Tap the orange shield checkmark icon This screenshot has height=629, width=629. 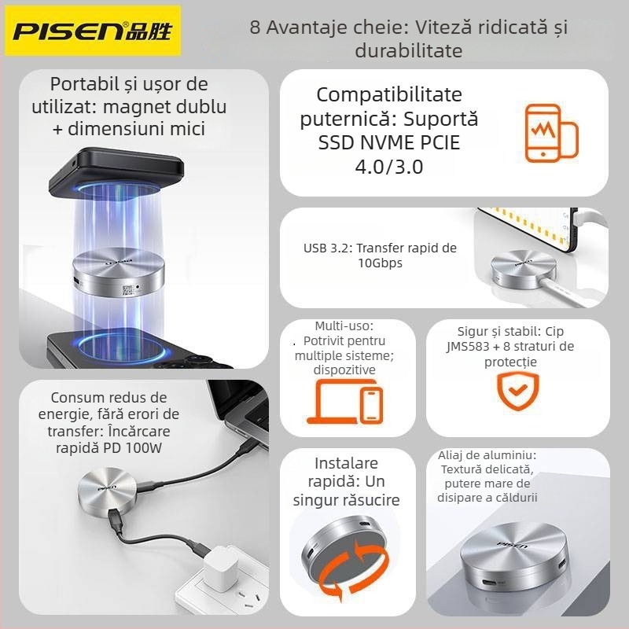tap(518, 392)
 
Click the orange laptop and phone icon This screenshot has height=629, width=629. tap(348, 402)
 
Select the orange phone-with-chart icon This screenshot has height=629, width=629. tap(550, 133)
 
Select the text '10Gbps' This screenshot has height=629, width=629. tap(380, 263)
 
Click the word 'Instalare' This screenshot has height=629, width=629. tap(346, 463)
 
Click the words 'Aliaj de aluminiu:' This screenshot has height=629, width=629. tap(487, 455)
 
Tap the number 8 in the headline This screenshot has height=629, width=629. tap(255, 28)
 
